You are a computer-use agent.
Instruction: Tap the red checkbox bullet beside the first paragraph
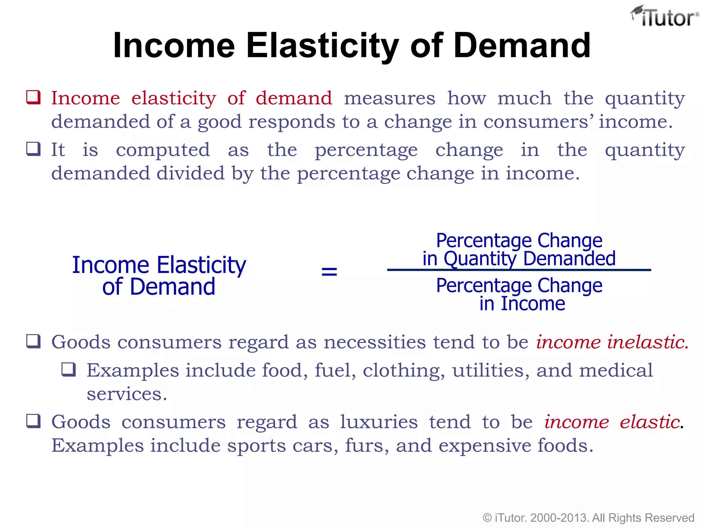click(x=34, y=97)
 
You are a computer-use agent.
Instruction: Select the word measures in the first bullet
click(x=389, y=98)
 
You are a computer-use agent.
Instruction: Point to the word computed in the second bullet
click(x=163, y=150)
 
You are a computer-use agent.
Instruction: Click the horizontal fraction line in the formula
click(x=519, y=270)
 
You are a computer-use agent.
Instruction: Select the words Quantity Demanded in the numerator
click(x=529, y=258)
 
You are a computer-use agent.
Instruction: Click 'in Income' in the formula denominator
click(x=522, y=304)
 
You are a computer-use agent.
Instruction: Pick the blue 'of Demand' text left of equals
click(x=158, y=287)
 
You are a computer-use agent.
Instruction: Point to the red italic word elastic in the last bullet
click(x=649, y=422)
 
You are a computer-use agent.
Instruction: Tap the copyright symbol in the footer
click(x=487, y=518)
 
